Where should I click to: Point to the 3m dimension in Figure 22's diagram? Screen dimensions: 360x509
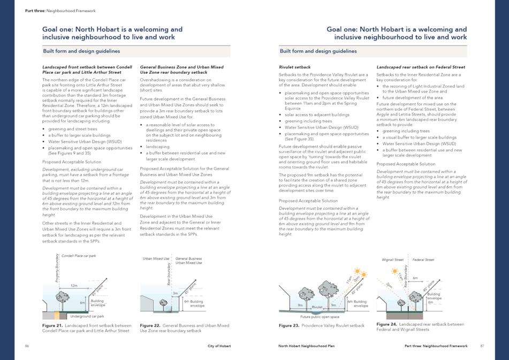pos(174,293)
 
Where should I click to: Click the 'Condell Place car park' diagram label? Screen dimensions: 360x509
pos(79,256)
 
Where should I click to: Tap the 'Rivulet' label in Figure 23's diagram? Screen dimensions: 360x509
pos(317,308)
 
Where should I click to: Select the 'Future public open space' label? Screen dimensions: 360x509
pos(320,317)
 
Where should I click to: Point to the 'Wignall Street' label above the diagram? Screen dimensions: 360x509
pos(392,260)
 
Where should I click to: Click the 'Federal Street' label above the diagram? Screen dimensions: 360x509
pos(423,260)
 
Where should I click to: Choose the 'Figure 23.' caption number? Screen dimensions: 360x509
pos(289,325)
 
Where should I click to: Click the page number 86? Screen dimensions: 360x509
pos(27,346)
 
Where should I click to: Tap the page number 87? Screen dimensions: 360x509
pos(482,346)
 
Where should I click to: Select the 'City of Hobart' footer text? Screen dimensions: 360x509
pos(219,346)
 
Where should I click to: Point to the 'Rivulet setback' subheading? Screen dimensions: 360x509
pos(295,67)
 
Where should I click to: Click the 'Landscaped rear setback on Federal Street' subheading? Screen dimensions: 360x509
pos(421,67)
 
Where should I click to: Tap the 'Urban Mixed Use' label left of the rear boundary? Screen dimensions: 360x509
pos(154,259)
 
